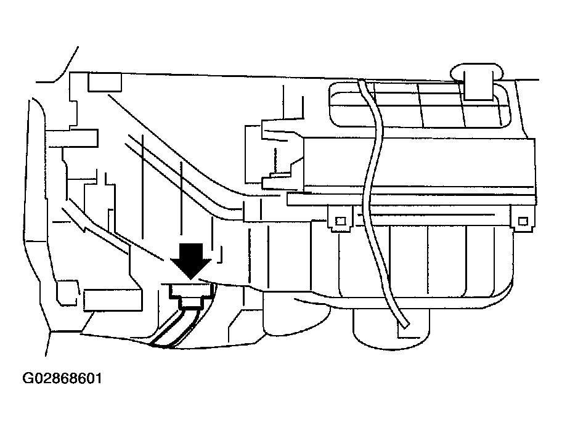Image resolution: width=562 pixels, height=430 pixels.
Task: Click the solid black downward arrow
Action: [190, 261]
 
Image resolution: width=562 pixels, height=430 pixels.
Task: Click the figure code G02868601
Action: [62, 378]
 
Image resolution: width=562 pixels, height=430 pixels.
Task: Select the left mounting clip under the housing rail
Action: [340, 218]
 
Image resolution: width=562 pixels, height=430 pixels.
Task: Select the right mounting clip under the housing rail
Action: [523, 219]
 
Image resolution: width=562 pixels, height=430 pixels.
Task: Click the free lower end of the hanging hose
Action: [405, 323]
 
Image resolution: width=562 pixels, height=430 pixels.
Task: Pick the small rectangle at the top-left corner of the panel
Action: [104, 82]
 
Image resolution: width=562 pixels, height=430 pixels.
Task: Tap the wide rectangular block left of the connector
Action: [113, 301]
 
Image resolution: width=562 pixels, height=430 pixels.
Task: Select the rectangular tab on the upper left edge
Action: [71, 138]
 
